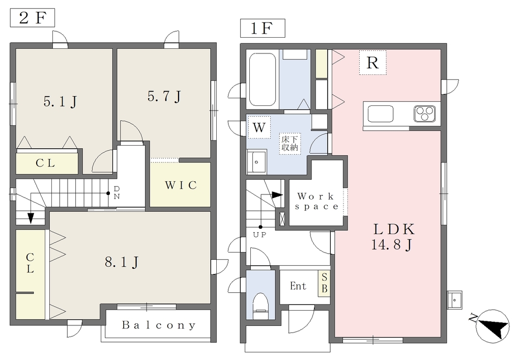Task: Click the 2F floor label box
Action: [32, 18]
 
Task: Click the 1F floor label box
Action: [263, 28]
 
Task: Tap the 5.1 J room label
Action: [60, 101]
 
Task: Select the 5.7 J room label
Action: [164, 96]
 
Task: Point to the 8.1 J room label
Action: [122, 262]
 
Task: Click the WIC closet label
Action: [181, 185]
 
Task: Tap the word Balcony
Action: [159, 325]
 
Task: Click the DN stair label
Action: [117, 193]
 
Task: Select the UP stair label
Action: [259, 235]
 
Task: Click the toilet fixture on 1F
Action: [260, 306]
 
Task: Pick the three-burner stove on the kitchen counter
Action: [425, 114]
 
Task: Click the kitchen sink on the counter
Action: [380, 114]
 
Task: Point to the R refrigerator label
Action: [372, 63]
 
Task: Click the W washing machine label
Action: [259, 127]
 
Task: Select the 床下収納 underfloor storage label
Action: [290, 144]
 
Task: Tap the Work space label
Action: [316, 202]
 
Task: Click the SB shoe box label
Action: [324, 283]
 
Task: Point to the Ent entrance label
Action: [298, 286]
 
